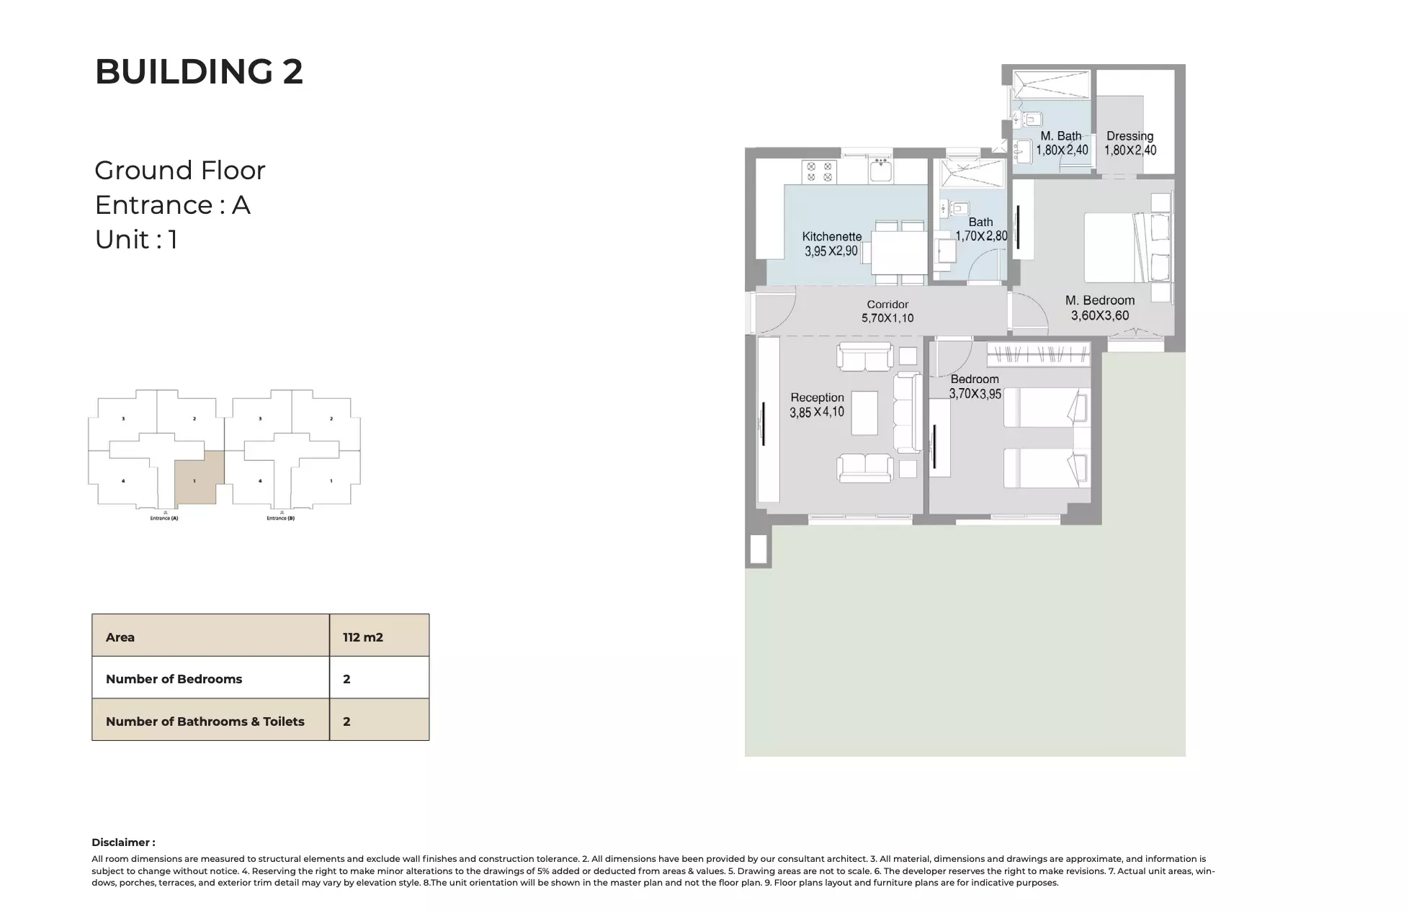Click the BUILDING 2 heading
[x=199, y=72]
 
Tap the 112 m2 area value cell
[x=363, y=637]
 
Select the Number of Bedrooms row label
[x=174, y=679]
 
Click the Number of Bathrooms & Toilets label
[x=205, y=721]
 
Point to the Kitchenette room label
[x=831, y=236]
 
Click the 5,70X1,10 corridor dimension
[x=887, y=318]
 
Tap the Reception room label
[x=817, y=397]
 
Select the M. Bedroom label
[x=1099, y=300]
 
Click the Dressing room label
[x=1130, y=136]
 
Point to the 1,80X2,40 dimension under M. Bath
[x=1062, y=150]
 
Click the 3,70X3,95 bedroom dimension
[x=975, y=394]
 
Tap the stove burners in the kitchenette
[x=819, y=171]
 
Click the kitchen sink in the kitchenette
[x=880, y=171]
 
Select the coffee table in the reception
[x=864, y=413]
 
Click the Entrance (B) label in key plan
[x=280, y=518]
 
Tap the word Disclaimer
[x=122, y=842]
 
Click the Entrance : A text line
[x=172, y=205]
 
